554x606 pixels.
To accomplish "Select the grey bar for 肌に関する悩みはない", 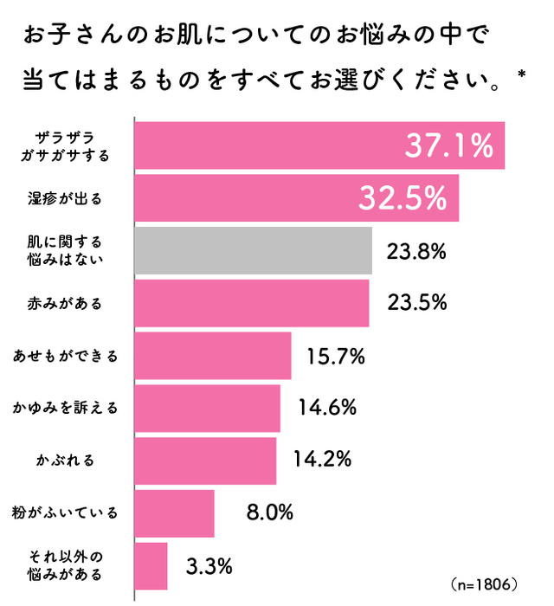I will [253, 251].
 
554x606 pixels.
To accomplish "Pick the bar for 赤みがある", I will [251, 303].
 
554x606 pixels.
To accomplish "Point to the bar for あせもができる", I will [212, 356].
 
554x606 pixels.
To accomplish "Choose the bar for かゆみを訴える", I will [207, 408].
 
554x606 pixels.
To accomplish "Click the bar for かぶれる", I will [205, 461].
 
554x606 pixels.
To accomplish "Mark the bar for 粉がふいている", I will [174, 513].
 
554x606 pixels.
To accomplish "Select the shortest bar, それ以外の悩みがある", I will [151, 565].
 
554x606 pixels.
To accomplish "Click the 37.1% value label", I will [448, 146].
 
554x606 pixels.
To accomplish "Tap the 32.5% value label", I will [403, 198].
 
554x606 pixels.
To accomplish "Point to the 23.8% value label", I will [417, 252].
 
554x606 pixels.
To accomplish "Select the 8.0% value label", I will [270, 513].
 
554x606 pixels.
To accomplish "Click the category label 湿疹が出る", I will [65, 199].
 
